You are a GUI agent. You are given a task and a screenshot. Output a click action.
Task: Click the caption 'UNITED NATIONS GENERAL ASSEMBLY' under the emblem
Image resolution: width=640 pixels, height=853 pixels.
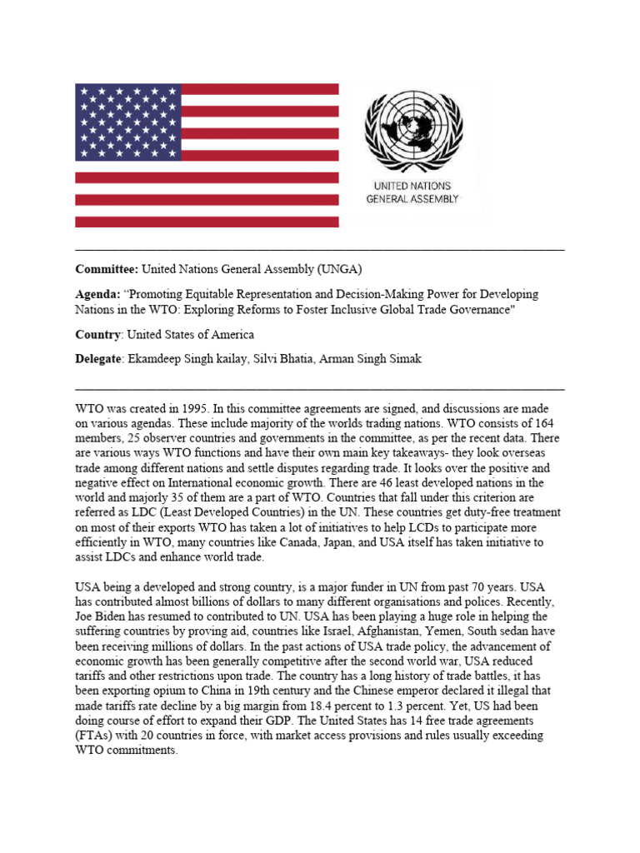coord(412,192)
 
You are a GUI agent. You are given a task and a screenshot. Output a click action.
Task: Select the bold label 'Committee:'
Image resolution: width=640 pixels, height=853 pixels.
coord(107,269)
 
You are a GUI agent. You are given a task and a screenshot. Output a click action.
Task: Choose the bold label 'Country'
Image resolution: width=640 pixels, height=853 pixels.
coord(99,334)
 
